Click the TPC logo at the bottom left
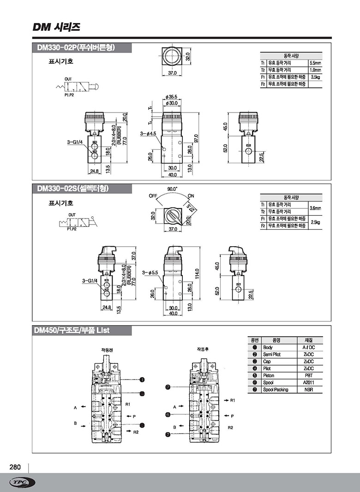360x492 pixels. pos(22,482)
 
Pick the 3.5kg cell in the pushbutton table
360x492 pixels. pos(315,77)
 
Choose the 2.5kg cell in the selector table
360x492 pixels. pos(315,222)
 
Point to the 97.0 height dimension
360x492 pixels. pos(196,138)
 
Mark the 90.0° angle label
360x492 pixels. pos(172,189)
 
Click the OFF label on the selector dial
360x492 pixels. pos(153,196)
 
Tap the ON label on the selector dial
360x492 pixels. pos(191,196)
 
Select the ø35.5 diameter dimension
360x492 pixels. pos(171,97)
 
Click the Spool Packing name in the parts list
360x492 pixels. pos(276,390)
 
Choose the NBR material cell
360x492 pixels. pos(308,390)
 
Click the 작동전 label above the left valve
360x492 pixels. pos(107,350)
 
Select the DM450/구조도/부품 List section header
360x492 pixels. pos(72,331)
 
